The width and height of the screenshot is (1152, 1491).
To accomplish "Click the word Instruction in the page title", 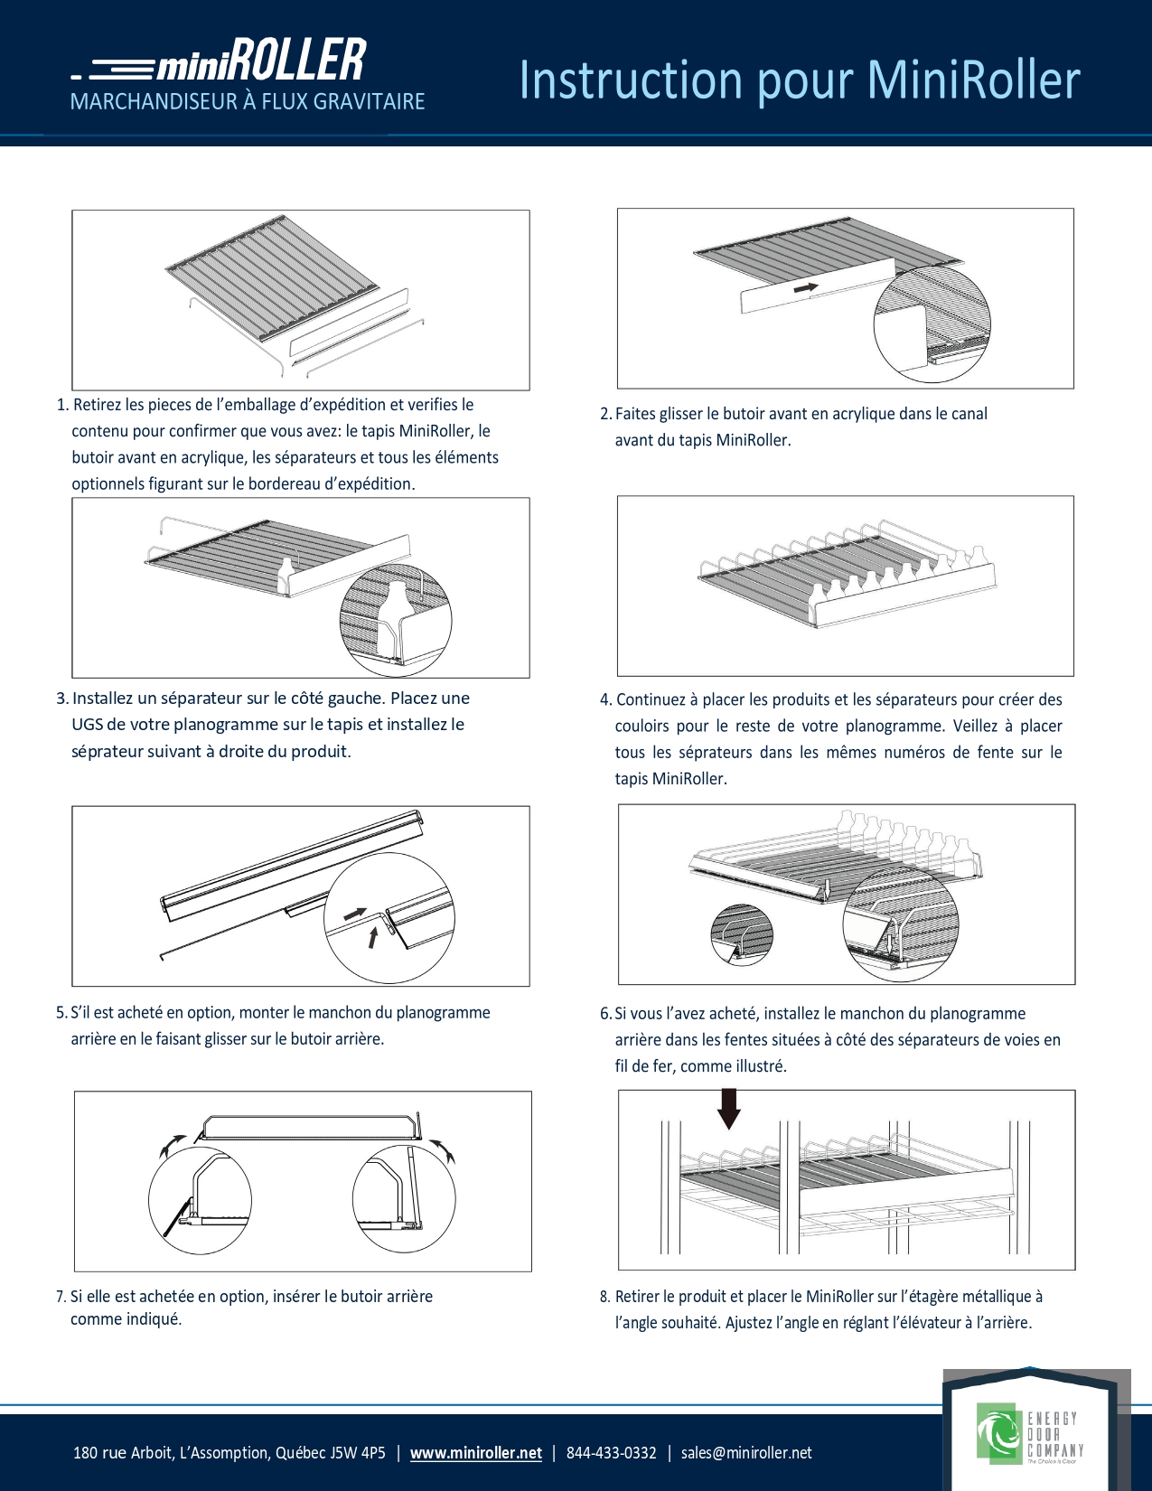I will click(631, 80).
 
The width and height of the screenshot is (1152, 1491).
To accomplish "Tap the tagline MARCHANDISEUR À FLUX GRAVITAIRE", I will click(248, 101).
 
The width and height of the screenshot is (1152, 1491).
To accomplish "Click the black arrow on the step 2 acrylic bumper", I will click(806, 288).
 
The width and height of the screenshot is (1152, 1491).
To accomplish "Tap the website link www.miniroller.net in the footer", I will click(475, 1453).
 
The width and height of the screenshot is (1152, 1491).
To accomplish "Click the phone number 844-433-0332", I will click(611, 1453).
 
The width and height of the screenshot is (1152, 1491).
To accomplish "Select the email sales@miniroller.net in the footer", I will click(746, 1453).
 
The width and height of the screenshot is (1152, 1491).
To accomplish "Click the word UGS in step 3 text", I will click(87, 725).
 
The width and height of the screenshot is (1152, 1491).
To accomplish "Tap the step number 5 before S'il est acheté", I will click(61, 1013).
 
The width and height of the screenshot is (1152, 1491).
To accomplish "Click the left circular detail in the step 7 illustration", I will click(200, 1200).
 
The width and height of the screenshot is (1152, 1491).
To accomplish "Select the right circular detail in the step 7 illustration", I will click(404, 1200).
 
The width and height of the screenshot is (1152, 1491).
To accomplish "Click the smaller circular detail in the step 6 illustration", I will click(742, 933).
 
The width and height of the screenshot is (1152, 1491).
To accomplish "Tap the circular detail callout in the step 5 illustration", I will click(389, 918).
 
